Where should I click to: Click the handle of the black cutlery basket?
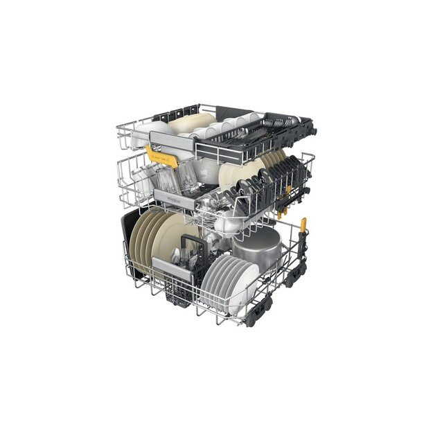click(190, 244)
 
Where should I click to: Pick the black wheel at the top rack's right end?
click(308, 128)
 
